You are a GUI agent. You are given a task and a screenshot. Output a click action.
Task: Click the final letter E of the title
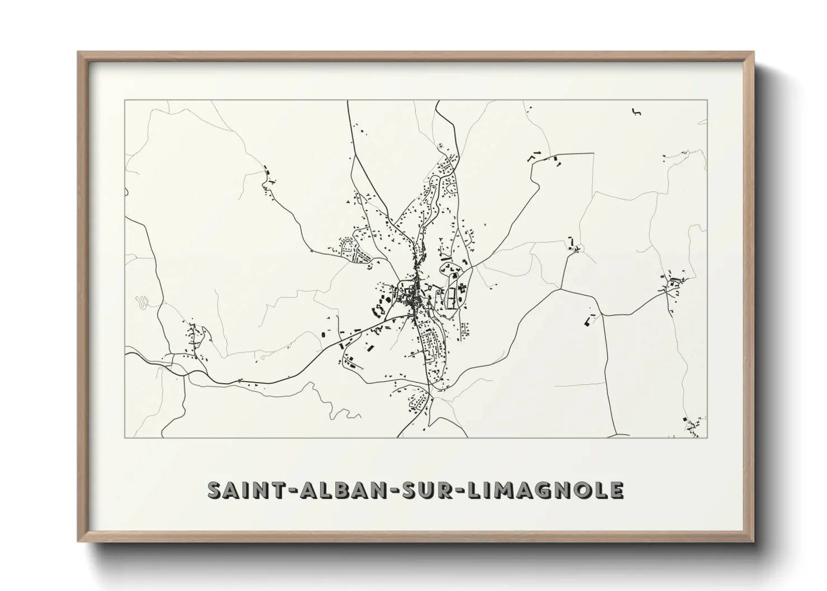pyautogui.click(x=616, y=490)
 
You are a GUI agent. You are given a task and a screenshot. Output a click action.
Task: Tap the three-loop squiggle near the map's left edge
pyautogui.click(x=144, y=302)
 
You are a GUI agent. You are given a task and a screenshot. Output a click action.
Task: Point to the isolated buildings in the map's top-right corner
pyautogui.click(x=635, y=111)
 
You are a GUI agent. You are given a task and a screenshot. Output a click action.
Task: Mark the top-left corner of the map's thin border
pyautogui.click(x=125, y=100)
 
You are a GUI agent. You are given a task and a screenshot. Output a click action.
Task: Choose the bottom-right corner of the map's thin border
pyautogui.click(x=707, y=437)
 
